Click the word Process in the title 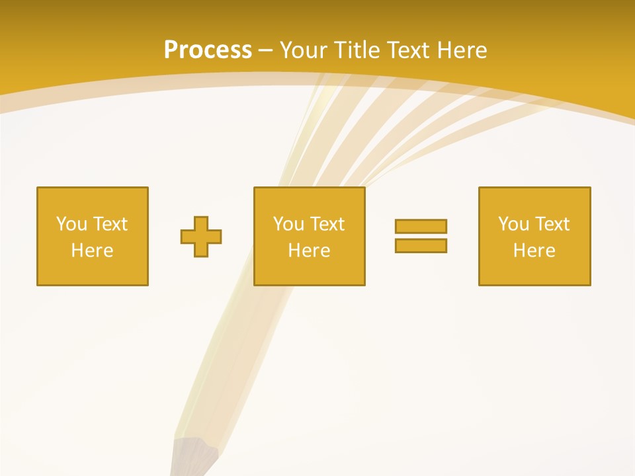click(208, 50)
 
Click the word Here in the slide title click(464, 50)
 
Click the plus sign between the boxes click(201, 237)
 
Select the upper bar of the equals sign click(421, 226)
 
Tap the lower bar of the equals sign click(421, 245)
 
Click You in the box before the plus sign click(71, 224)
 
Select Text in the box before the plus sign click(109, 224)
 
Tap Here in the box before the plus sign click(92, 251)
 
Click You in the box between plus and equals click(288, 224)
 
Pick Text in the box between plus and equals click(326, 224)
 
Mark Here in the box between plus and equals click(309, 251)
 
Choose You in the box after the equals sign click(513, 224)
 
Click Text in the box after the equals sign click(551, 224)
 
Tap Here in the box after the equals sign click(534, 251)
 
